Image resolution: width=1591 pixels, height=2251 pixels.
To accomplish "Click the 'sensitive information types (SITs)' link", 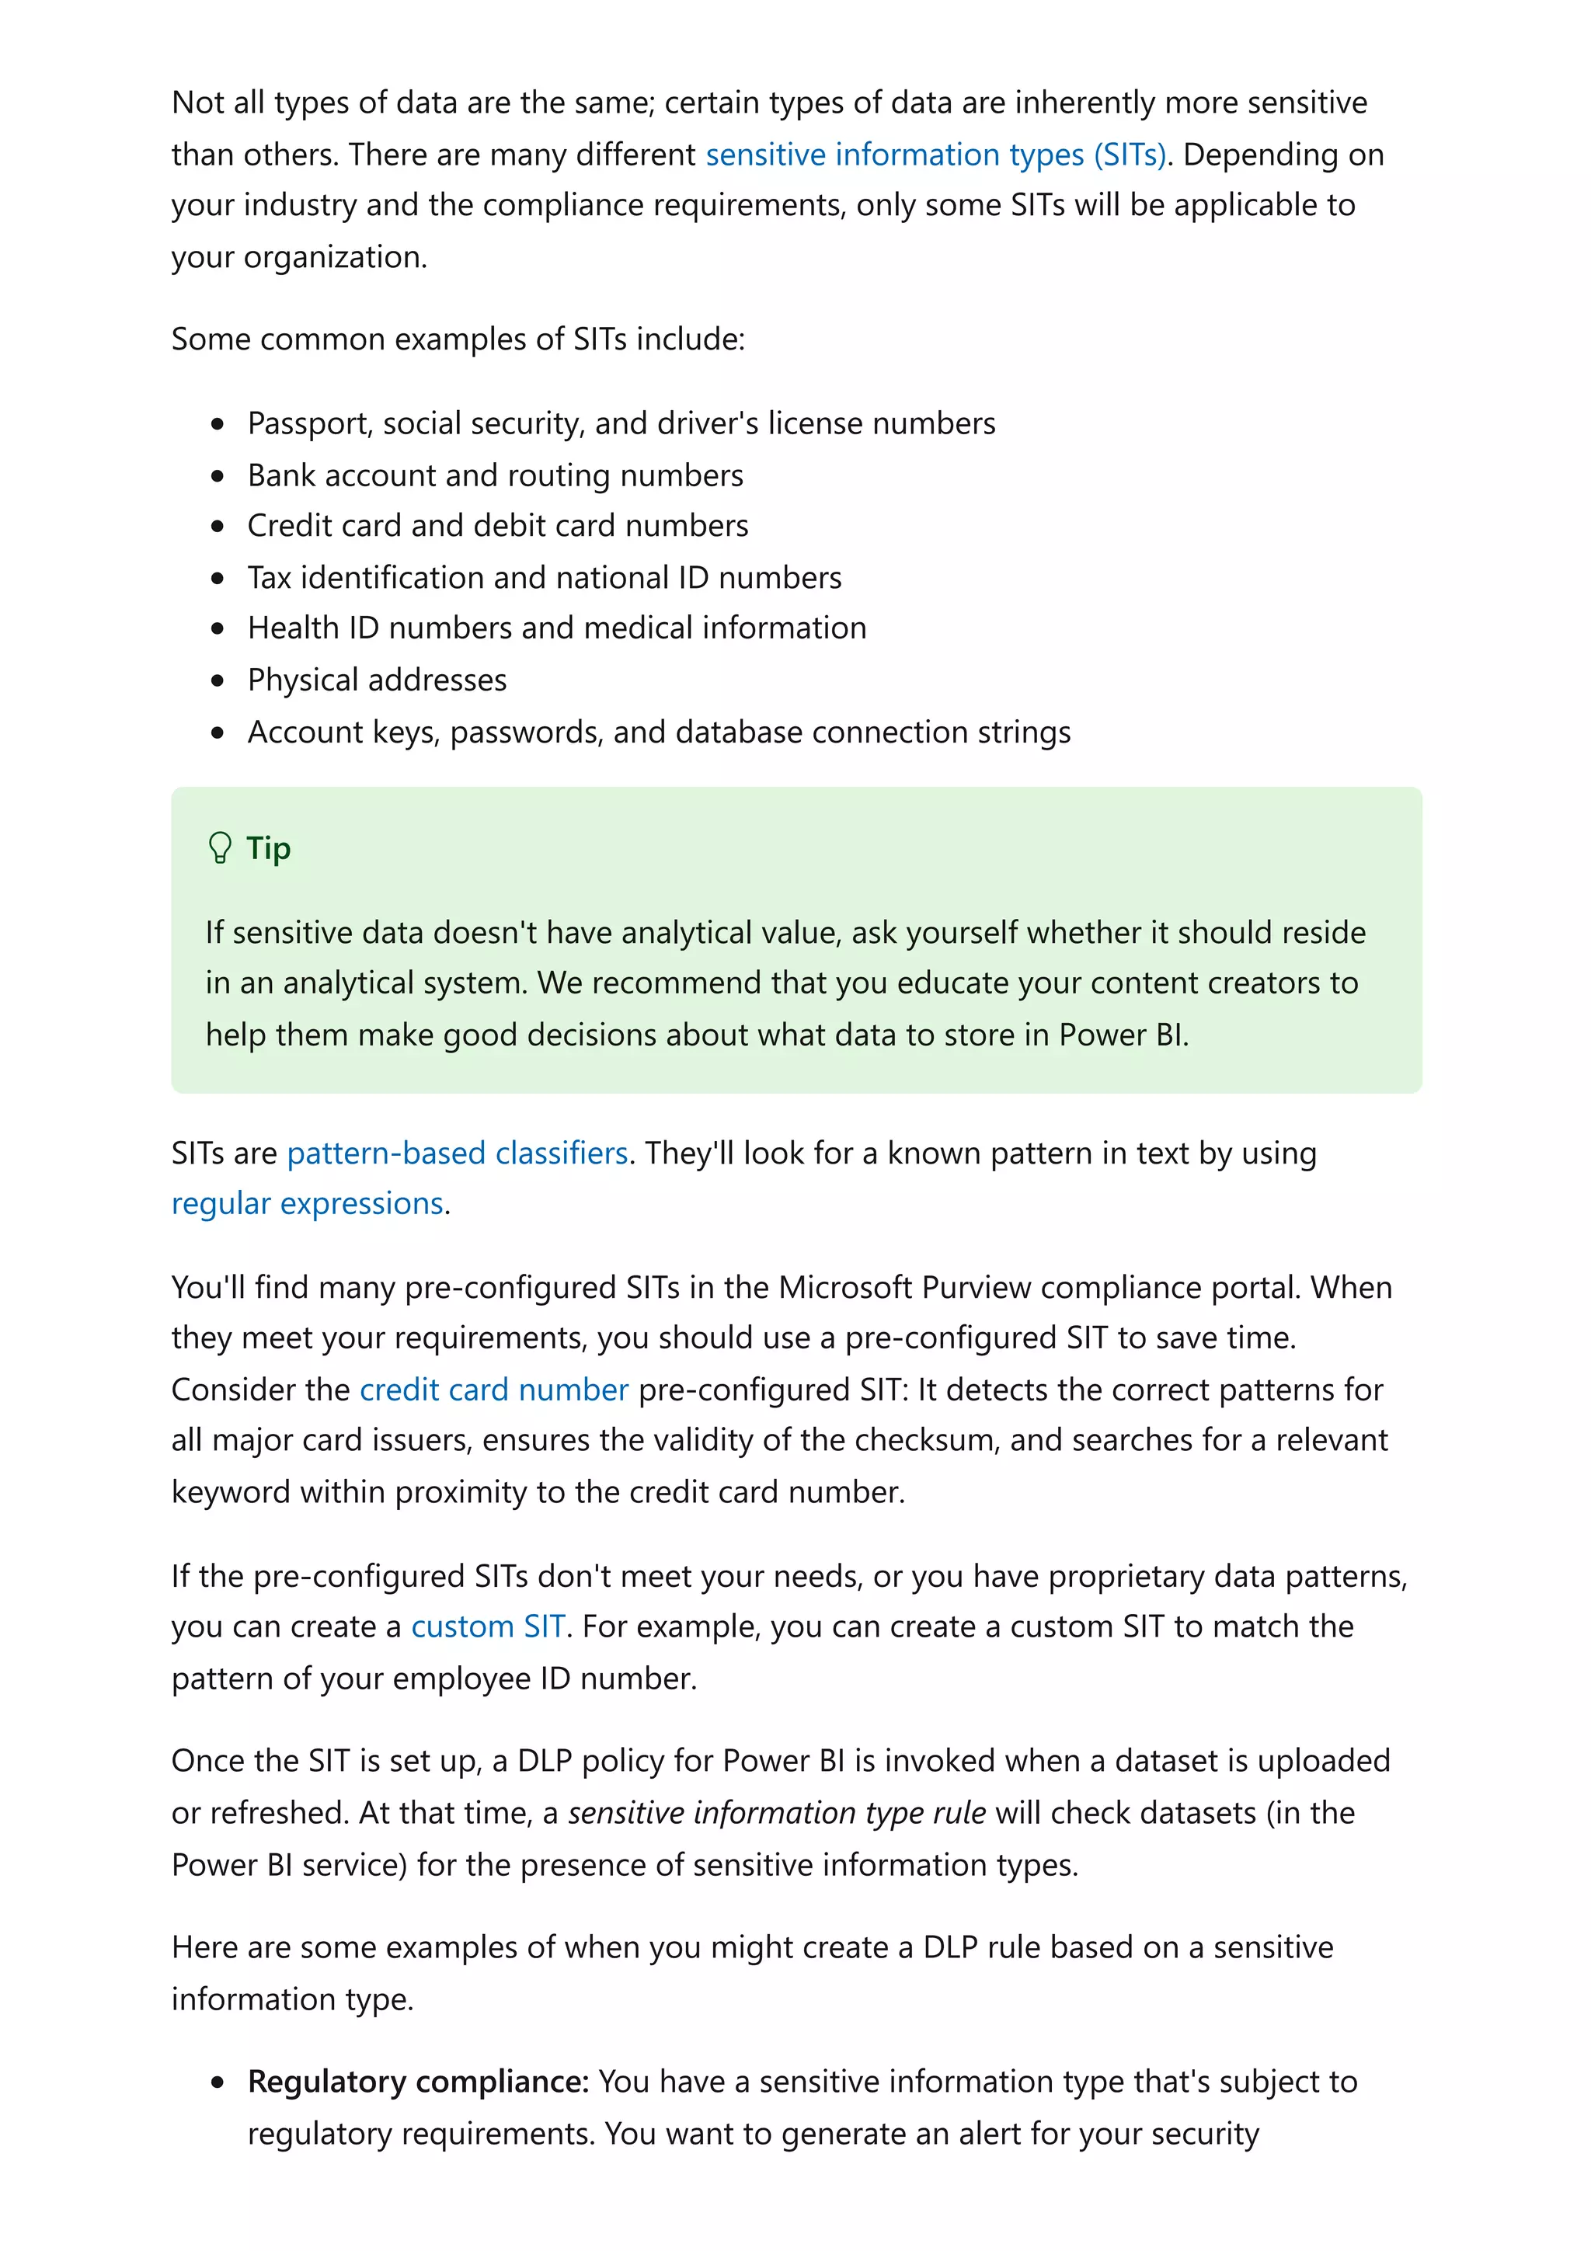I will click(x=935, y=155).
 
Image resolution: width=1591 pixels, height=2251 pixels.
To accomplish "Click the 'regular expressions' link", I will click(x=308, y=1203).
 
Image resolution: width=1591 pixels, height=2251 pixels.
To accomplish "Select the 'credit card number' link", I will click(x=494, y=1390).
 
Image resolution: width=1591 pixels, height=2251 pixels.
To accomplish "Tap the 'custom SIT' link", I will click(x=487, y=1626).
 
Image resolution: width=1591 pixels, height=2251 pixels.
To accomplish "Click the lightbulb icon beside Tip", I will click(x=221, y=848).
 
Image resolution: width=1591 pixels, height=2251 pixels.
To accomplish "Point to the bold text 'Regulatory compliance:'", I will click(x=419, y=2082).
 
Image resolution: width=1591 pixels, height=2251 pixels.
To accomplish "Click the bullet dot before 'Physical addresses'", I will click(x=218, y=680).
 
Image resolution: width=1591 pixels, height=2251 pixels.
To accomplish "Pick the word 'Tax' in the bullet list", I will click(x=270, y=577).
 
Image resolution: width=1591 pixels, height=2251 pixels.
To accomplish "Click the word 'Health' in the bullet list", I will click(x=293, y=628).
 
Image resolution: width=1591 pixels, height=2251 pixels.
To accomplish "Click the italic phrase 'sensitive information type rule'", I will click(x=776, y=1813).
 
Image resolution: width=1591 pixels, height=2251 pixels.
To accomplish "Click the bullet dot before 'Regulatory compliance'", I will click(x=218, y=2082).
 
